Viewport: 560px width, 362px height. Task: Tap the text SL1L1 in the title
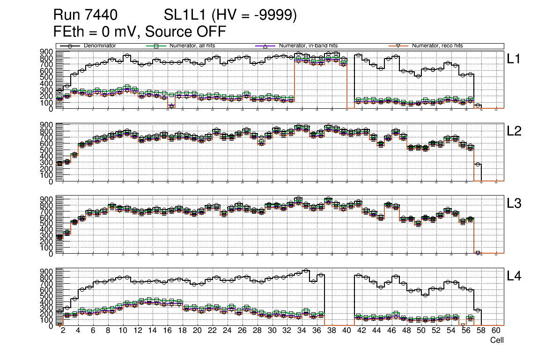click(x=185, y=15)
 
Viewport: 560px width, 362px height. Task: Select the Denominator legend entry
click(x=100, y=46)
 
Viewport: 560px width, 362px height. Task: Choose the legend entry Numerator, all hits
click(x=198, y=46)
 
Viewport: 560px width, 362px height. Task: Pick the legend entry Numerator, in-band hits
click(x=308, y=46)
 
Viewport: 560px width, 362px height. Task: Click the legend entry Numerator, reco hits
click(x=437, y=46)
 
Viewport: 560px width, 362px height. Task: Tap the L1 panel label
click(x=515, y=59)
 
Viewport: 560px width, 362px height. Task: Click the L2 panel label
click(x=515, y=131)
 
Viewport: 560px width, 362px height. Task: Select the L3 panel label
click(x=515, y=204)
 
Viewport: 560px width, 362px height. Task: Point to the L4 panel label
click(x=515, y=276)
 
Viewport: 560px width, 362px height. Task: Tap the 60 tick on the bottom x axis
click(x=496, y=331)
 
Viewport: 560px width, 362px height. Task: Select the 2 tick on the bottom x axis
click(x=63, y=331)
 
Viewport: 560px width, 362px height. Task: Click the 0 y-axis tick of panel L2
click(x=51, y=181)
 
